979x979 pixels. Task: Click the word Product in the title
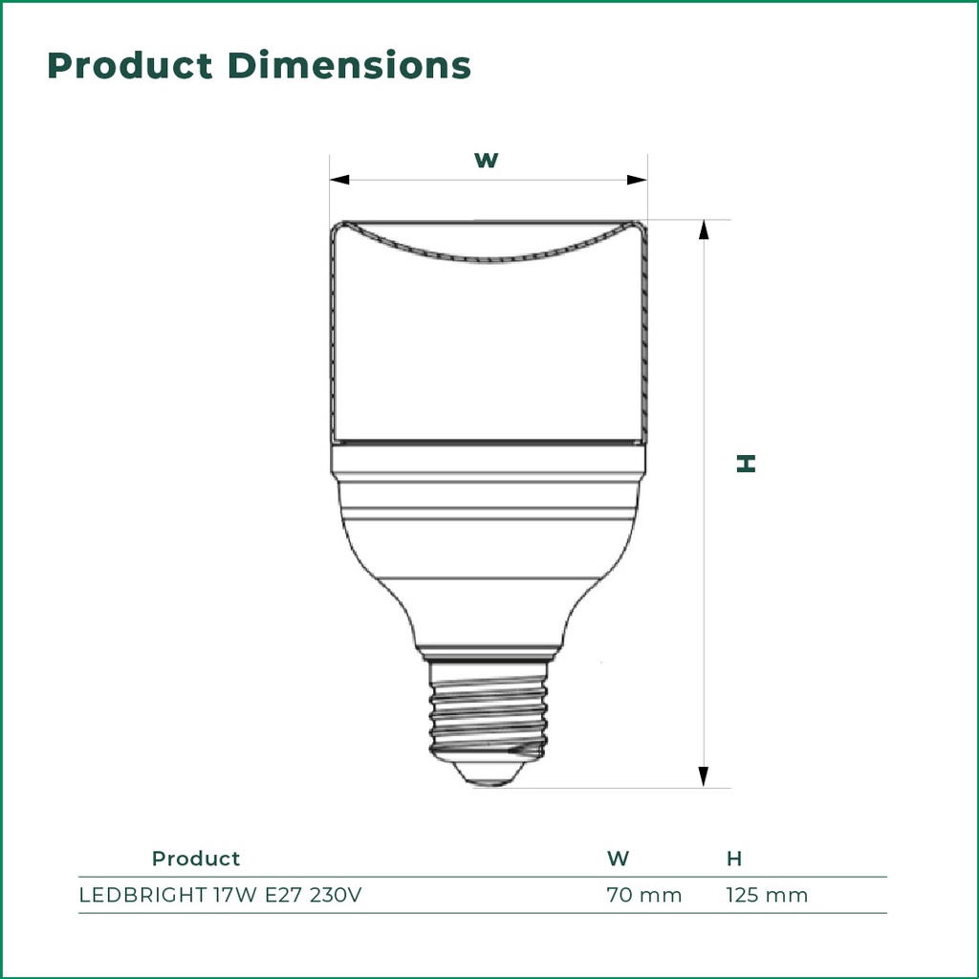[130, 66]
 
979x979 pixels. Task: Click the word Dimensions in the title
[349, 66]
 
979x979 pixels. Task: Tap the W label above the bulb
[487, 160]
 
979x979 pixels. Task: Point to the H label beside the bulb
[746, 464]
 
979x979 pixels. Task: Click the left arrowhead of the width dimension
[339, 180]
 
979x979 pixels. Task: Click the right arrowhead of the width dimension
[637, 180]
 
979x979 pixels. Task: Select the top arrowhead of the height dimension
[704, 229]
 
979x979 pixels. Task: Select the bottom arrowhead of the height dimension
[704, 776]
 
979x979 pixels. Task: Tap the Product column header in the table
[196, 859]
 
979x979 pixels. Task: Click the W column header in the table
[619, 859]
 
